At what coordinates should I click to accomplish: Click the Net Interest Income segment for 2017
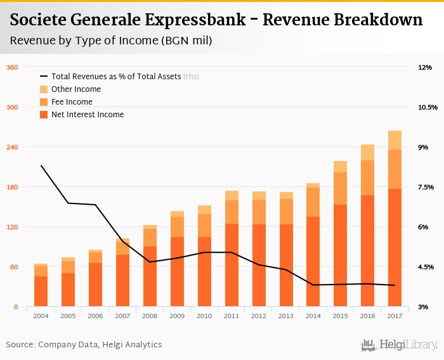[x=395, y=247]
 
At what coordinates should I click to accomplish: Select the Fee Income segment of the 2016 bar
[x=367, y=177]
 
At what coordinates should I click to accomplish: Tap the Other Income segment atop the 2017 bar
[x=395, y=140]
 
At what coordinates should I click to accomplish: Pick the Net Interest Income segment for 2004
[x=41, y=291]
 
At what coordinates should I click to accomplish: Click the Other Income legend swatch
[x=44, y=89]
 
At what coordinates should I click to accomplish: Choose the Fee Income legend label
[x=72, y=102]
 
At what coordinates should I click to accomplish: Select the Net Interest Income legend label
[x=88, y=115]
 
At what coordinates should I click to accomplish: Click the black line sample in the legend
[x=44, y=77]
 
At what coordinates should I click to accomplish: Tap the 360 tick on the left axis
[x=11, y=67]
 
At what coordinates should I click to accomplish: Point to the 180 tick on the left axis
[x=11, y=187]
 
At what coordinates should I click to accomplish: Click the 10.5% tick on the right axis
[x=428, y=107]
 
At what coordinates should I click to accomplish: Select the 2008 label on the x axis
[x=150, y=316]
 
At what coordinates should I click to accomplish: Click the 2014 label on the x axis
[x=313, y=316]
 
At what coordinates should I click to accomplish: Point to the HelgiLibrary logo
[x=399, y=345]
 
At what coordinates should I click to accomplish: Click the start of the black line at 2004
[x=41, y=165]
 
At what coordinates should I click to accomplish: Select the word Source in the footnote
[x=20, y=345]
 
